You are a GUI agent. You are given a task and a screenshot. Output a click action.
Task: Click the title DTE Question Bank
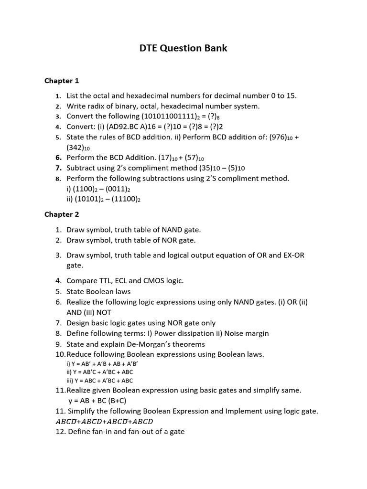click(183, 48)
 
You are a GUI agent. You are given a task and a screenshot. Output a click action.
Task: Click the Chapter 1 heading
click(62, 80)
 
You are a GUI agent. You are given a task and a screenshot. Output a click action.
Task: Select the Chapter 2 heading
click(62, 214)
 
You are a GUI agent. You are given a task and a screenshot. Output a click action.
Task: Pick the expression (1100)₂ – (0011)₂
click(99, 189)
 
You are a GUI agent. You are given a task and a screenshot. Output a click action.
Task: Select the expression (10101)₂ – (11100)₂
click(103, 199)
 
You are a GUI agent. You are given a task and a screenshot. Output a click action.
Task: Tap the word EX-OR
click(292, 255)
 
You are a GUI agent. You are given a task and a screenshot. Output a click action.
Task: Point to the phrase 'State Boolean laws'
click(98, 291)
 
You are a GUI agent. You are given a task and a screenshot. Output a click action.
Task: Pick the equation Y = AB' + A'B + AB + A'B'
click(102, 363)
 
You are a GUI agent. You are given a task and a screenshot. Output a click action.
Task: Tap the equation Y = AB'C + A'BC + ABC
click(99, 372)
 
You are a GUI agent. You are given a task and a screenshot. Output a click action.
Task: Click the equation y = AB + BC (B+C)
click(97, 401)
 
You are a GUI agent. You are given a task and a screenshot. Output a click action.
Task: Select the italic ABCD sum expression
click(104, 421)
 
